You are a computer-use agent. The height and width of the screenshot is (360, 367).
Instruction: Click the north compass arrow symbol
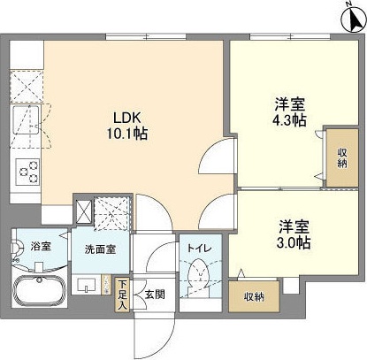(x=348, y=16)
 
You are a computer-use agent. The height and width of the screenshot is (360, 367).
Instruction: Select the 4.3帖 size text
(x=292, y=120)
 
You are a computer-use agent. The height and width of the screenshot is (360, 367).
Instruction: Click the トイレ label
(x=197, y=249)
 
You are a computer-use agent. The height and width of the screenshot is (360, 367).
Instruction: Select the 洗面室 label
(x=100, y=250)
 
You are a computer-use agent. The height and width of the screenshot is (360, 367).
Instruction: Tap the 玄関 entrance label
(x=155, y=295)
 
